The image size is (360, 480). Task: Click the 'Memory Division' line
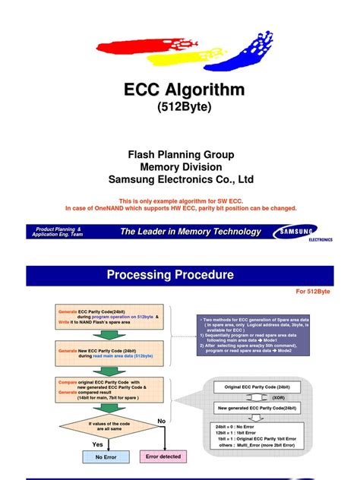click(180, 167)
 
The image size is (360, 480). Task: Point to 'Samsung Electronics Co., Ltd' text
click(180, 180)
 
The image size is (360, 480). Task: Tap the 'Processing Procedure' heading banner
click(169, 274)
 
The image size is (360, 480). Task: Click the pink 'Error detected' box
click(163, 457)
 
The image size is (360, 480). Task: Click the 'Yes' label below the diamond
click(97, 444)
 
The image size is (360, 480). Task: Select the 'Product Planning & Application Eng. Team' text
click(58, 232)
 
